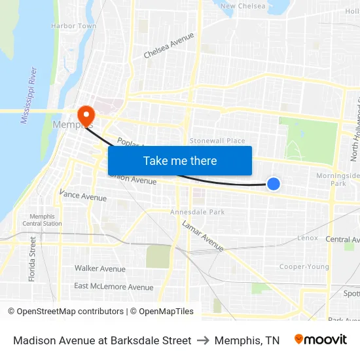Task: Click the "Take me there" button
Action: point(180,161)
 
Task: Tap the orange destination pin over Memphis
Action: point(85,116)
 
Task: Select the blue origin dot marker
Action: point(274,185)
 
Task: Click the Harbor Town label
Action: point(73,26)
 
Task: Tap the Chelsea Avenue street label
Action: point(169,45)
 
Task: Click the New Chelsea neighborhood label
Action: point(243,7)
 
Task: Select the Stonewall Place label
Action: point(217,141)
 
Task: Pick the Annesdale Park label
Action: point(197,212)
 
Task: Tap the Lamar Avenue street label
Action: point(203,236)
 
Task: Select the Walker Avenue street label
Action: point(99,268)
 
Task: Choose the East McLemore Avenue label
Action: point(113,287)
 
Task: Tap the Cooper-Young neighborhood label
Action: point(304,266)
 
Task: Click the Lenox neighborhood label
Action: point(307,238)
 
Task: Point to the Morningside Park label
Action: point(338,179)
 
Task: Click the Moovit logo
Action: point(321,340)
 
